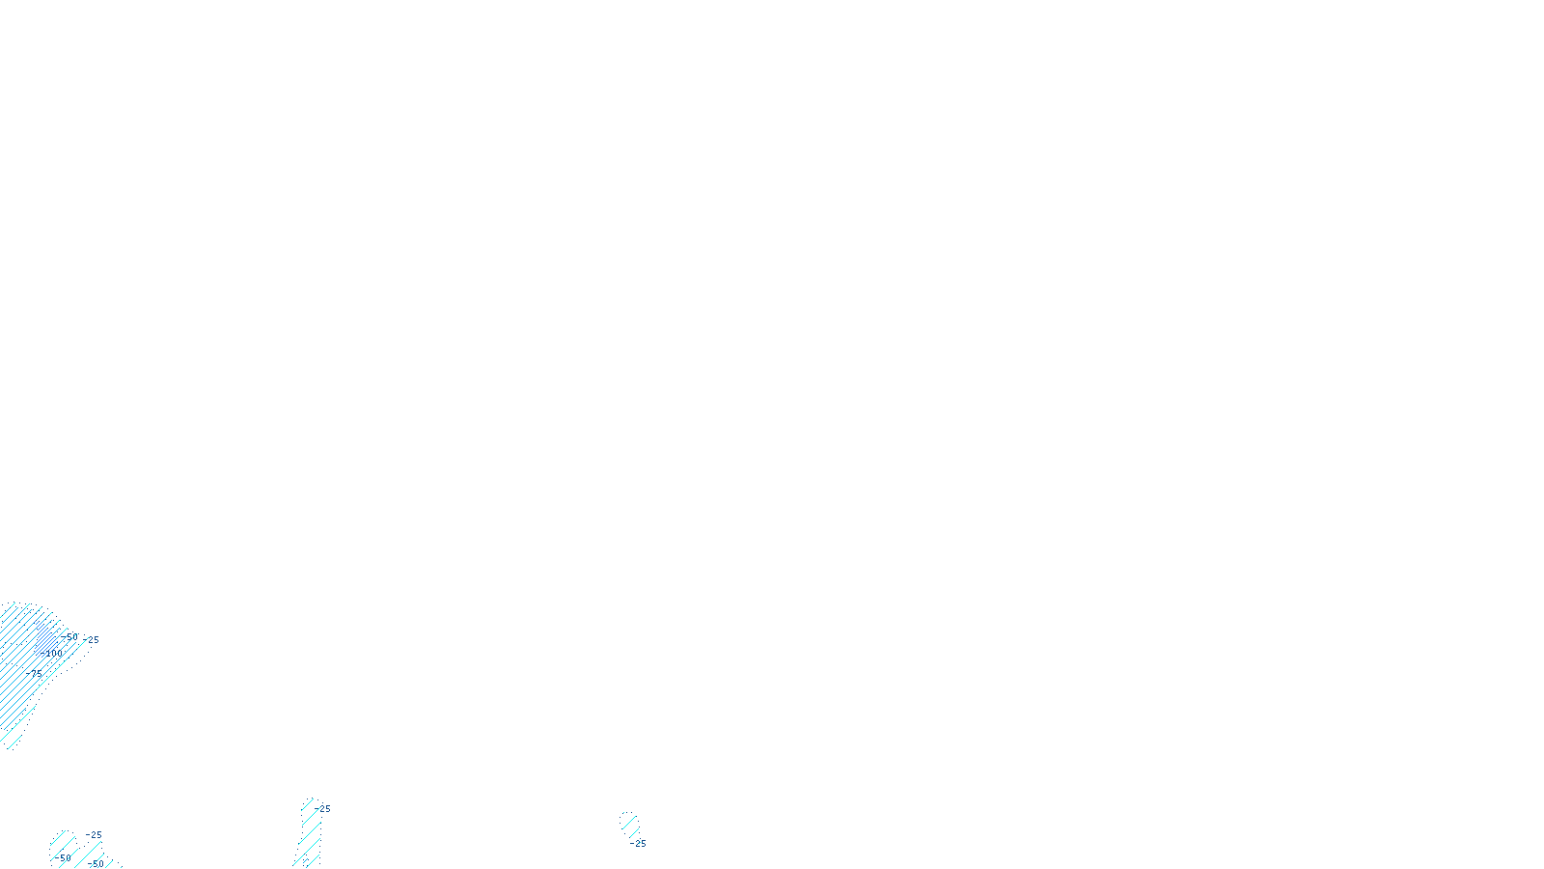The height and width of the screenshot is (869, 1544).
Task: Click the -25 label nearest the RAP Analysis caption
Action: pos(638,843)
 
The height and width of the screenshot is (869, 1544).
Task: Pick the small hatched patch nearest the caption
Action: pos(629,824)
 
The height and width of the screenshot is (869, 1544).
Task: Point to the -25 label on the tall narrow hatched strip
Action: pos(323,809)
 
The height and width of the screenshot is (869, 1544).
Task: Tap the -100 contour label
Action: pos(51,654)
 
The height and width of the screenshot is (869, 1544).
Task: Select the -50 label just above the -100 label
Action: pos(69,637)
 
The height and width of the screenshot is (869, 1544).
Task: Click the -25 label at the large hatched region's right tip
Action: pos(92,639)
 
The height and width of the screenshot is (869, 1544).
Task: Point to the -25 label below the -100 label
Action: pos(37,672)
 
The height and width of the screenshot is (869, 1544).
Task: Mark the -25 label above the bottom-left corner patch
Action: pos(94,835)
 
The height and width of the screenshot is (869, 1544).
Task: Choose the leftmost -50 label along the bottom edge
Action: pos(63,857)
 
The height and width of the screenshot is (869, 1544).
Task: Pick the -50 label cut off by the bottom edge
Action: pos(96,864)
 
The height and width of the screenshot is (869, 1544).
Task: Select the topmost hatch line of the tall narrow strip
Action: pos(308,804)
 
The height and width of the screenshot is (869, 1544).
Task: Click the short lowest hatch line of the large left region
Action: pos(14,743)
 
